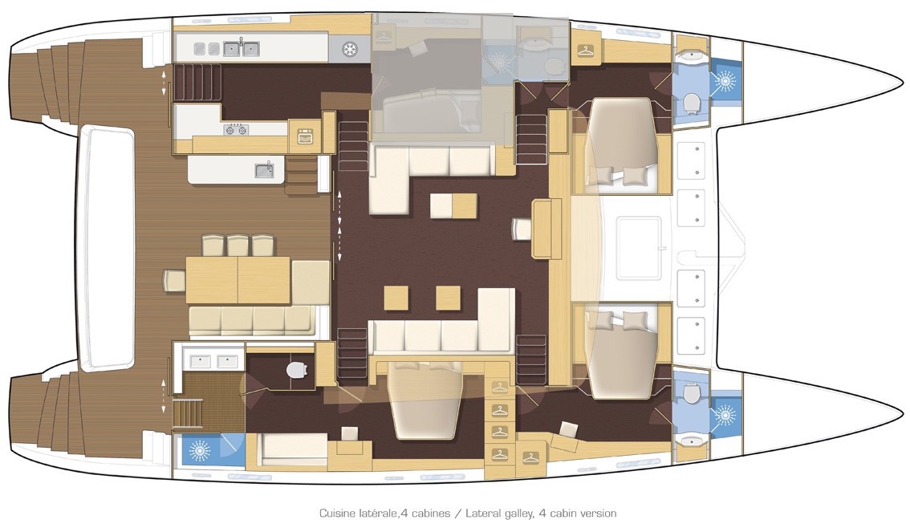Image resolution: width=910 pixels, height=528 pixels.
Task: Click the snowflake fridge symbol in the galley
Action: pos(349,49)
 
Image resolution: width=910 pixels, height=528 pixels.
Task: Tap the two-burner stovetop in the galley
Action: pos(236,129)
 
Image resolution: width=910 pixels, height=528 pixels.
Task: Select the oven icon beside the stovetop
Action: pos(305,137)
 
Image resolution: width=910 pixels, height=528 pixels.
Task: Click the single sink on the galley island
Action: pos(264,170)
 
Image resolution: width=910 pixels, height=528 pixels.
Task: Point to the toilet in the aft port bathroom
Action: pos(297,369)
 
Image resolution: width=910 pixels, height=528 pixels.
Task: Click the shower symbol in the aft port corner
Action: pos(199,450)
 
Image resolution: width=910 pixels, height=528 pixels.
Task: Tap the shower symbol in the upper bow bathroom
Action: pos(725,81)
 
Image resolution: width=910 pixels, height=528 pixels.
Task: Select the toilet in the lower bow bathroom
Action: pos(690,394)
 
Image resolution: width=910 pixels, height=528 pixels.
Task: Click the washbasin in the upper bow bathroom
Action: pos(691,55)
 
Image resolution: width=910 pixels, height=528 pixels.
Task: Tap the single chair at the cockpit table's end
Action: pos(175,280)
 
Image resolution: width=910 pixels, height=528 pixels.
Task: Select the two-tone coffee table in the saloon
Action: pos(454,206)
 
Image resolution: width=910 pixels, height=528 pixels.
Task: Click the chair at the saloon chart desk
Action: pos(522,229)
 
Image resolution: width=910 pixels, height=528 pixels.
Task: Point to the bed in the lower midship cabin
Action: pos(425,400)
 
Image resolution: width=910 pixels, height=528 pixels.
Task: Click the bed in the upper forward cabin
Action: pos(622,142)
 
